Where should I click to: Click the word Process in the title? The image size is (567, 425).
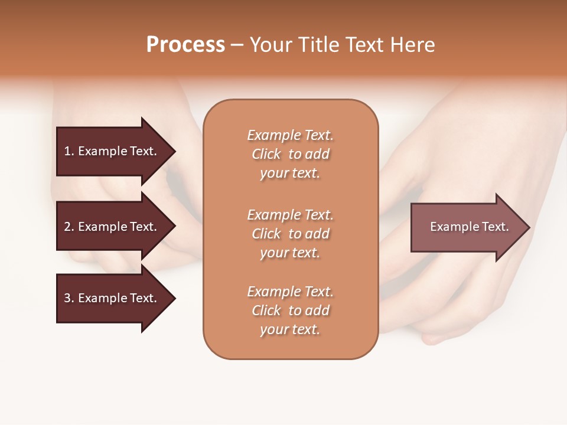click(x=185, y=45)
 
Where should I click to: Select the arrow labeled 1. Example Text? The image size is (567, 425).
click(x=112, y=151)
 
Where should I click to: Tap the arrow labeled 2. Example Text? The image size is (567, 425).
click(x=112, y=227)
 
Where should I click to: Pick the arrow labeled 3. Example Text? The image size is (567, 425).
click(x=112, y=298)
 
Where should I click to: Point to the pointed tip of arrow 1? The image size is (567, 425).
click(x=174, y=152)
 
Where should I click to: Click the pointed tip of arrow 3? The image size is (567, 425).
click(x=174, y=298)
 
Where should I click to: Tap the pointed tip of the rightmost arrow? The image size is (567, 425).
click(x=528, y=227)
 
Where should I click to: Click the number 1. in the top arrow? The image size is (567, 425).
click(x=69, y=151)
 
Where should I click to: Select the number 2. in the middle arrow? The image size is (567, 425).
click(x=69, y=227)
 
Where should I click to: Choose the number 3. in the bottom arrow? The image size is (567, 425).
click(x=69, y=298)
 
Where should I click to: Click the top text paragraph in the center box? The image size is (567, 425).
click(x=290, y=154)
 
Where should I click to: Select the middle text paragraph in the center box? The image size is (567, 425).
click(x=290, y=234)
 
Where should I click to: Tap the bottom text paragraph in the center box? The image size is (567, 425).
click(x=290, y=310)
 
